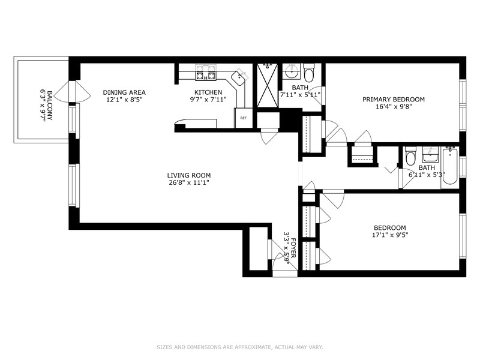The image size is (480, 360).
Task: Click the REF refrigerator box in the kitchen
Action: pos(244,118)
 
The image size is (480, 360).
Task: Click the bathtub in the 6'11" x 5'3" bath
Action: pos(449,166)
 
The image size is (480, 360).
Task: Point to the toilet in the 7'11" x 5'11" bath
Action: pos(309,72)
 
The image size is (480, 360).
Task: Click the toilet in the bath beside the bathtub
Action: pos(410,156)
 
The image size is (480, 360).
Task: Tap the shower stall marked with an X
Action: pos(268,85)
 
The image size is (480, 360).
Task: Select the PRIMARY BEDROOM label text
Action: pos(394,100)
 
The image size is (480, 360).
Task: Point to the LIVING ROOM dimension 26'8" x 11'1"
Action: pos(188,183)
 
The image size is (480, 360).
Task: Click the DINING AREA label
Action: pos(124,92)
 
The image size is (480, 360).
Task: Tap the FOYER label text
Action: pos(293,248)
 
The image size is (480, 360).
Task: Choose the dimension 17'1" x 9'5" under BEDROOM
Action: pos(390,235)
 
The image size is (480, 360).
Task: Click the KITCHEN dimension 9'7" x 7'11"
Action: pos(208,100)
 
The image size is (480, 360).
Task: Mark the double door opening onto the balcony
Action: pos(73,92)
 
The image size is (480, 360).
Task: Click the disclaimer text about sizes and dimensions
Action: pos(240,347)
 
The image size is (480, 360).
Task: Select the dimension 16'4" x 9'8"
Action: pos(394,107)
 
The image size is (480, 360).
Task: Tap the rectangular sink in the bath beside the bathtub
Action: pos(430,154)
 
